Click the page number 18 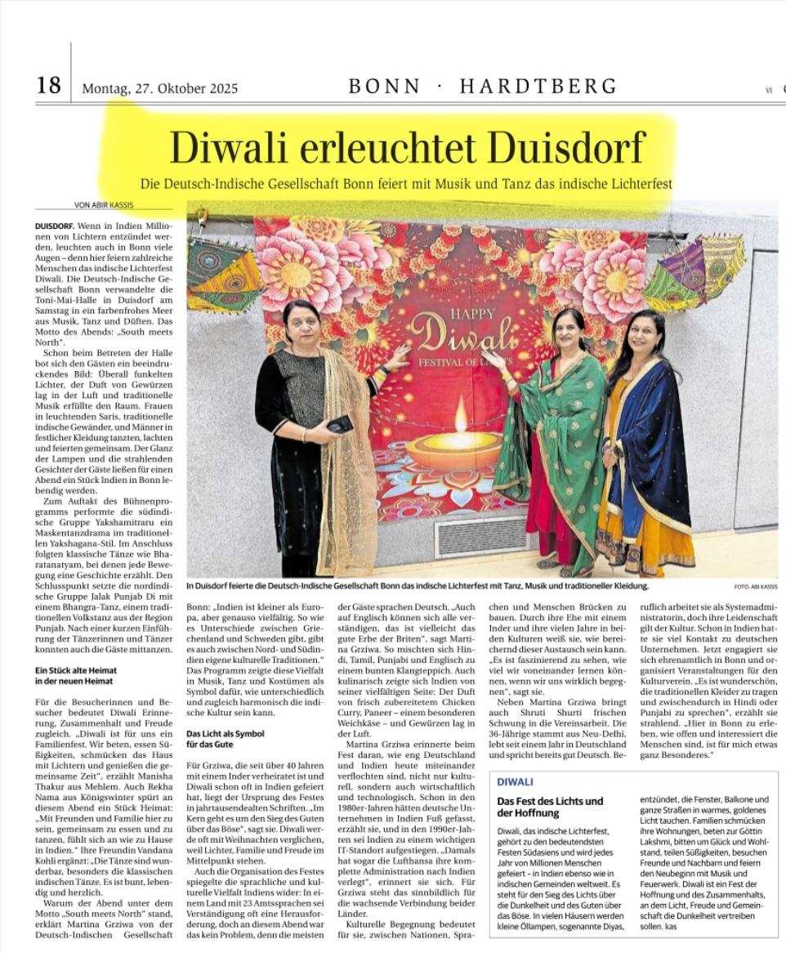point(48,84)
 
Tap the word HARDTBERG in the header point(538,86)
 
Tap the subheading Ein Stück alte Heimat point(75,670)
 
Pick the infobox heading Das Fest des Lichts point(550,801)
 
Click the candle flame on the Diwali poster point(461,415)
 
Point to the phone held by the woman point(340,424)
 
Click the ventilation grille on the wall point(481,536)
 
